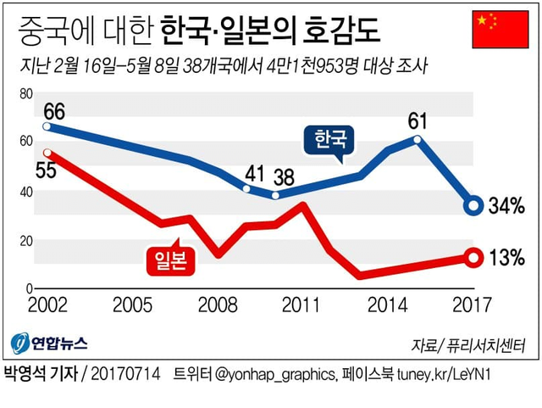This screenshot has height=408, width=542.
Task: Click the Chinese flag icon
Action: click(x=495, y=30)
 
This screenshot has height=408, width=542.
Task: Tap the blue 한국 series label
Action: click(x=330, y=139)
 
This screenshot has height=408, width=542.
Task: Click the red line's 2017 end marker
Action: click(x=474, y=257)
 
